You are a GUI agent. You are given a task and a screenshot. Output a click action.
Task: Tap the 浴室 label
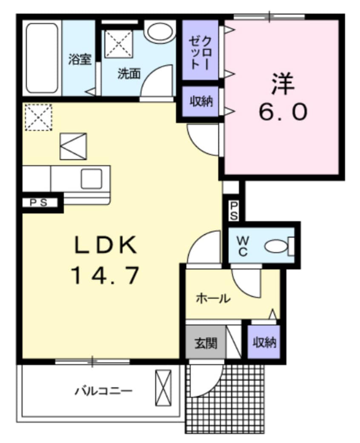(x=80, y=60)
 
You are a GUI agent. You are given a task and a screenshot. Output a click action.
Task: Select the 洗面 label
(x=129, y=74)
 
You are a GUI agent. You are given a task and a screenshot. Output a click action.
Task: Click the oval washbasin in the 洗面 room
(x=159, y=31)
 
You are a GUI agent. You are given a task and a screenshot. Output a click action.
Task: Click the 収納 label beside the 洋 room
(x=201, y=102)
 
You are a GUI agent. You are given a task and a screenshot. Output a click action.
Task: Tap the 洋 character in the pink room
(x=282, y=84)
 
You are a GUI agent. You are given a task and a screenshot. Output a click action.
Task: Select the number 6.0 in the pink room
(x=282, y=112)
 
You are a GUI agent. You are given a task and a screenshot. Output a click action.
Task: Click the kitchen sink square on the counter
(x=91, y=179)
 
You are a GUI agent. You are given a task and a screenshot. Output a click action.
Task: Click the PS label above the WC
(x=234, y=210)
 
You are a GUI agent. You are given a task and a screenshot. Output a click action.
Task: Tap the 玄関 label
(x=206, y=343)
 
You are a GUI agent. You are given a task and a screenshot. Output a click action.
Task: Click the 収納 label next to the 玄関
(x=264, y=342)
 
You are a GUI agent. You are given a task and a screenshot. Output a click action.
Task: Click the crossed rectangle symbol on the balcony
(x=163, y=387)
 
